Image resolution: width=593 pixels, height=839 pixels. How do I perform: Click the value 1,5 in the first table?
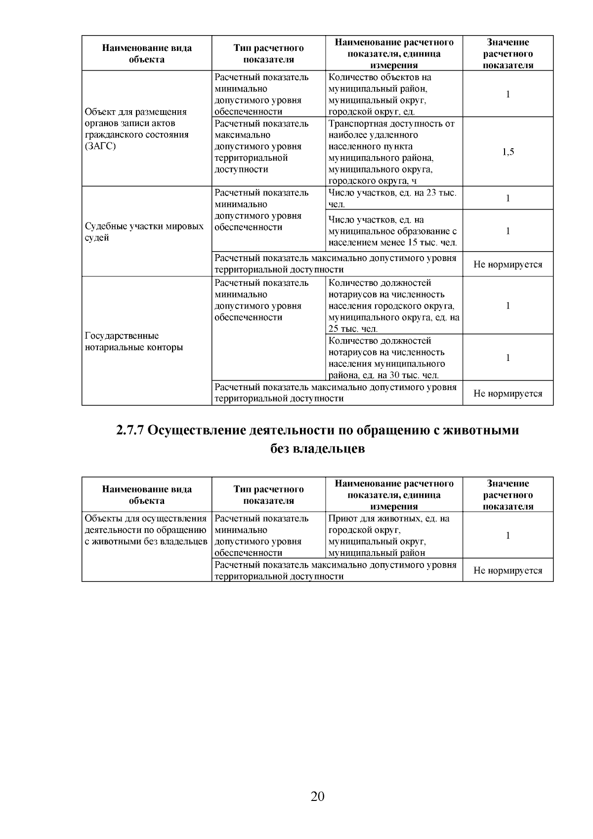508,152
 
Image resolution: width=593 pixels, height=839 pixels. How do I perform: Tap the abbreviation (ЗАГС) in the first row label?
100,146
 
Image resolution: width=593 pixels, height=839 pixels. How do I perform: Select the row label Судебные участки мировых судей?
144,232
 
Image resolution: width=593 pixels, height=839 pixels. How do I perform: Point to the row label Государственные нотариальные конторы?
134,342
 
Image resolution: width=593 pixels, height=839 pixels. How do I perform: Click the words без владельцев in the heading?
317,449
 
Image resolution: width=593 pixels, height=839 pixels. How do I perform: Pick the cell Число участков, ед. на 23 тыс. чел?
393,198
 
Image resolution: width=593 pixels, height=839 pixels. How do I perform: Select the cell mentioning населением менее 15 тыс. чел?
393,231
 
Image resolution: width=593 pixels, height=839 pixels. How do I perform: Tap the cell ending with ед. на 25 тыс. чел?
394,306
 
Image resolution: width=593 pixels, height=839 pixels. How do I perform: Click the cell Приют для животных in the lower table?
389,535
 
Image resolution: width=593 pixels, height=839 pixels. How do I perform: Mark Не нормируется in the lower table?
508,571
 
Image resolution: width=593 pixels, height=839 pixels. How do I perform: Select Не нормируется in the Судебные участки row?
508,265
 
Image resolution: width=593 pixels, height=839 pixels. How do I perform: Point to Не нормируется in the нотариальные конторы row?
508,394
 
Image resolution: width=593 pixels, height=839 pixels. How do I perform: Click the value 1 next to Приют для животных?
508,535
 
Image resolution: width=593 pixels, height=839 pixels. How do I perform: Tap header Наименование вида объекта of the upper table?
147,54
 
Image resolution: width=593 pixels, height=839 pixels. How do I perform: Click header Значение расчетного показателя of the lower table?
508,495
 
